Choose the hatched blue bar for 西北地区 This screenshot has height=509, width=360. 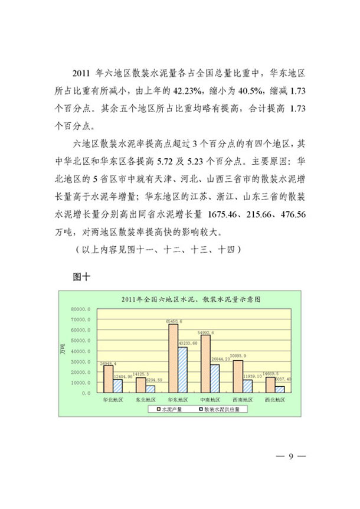click(280, 389)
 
